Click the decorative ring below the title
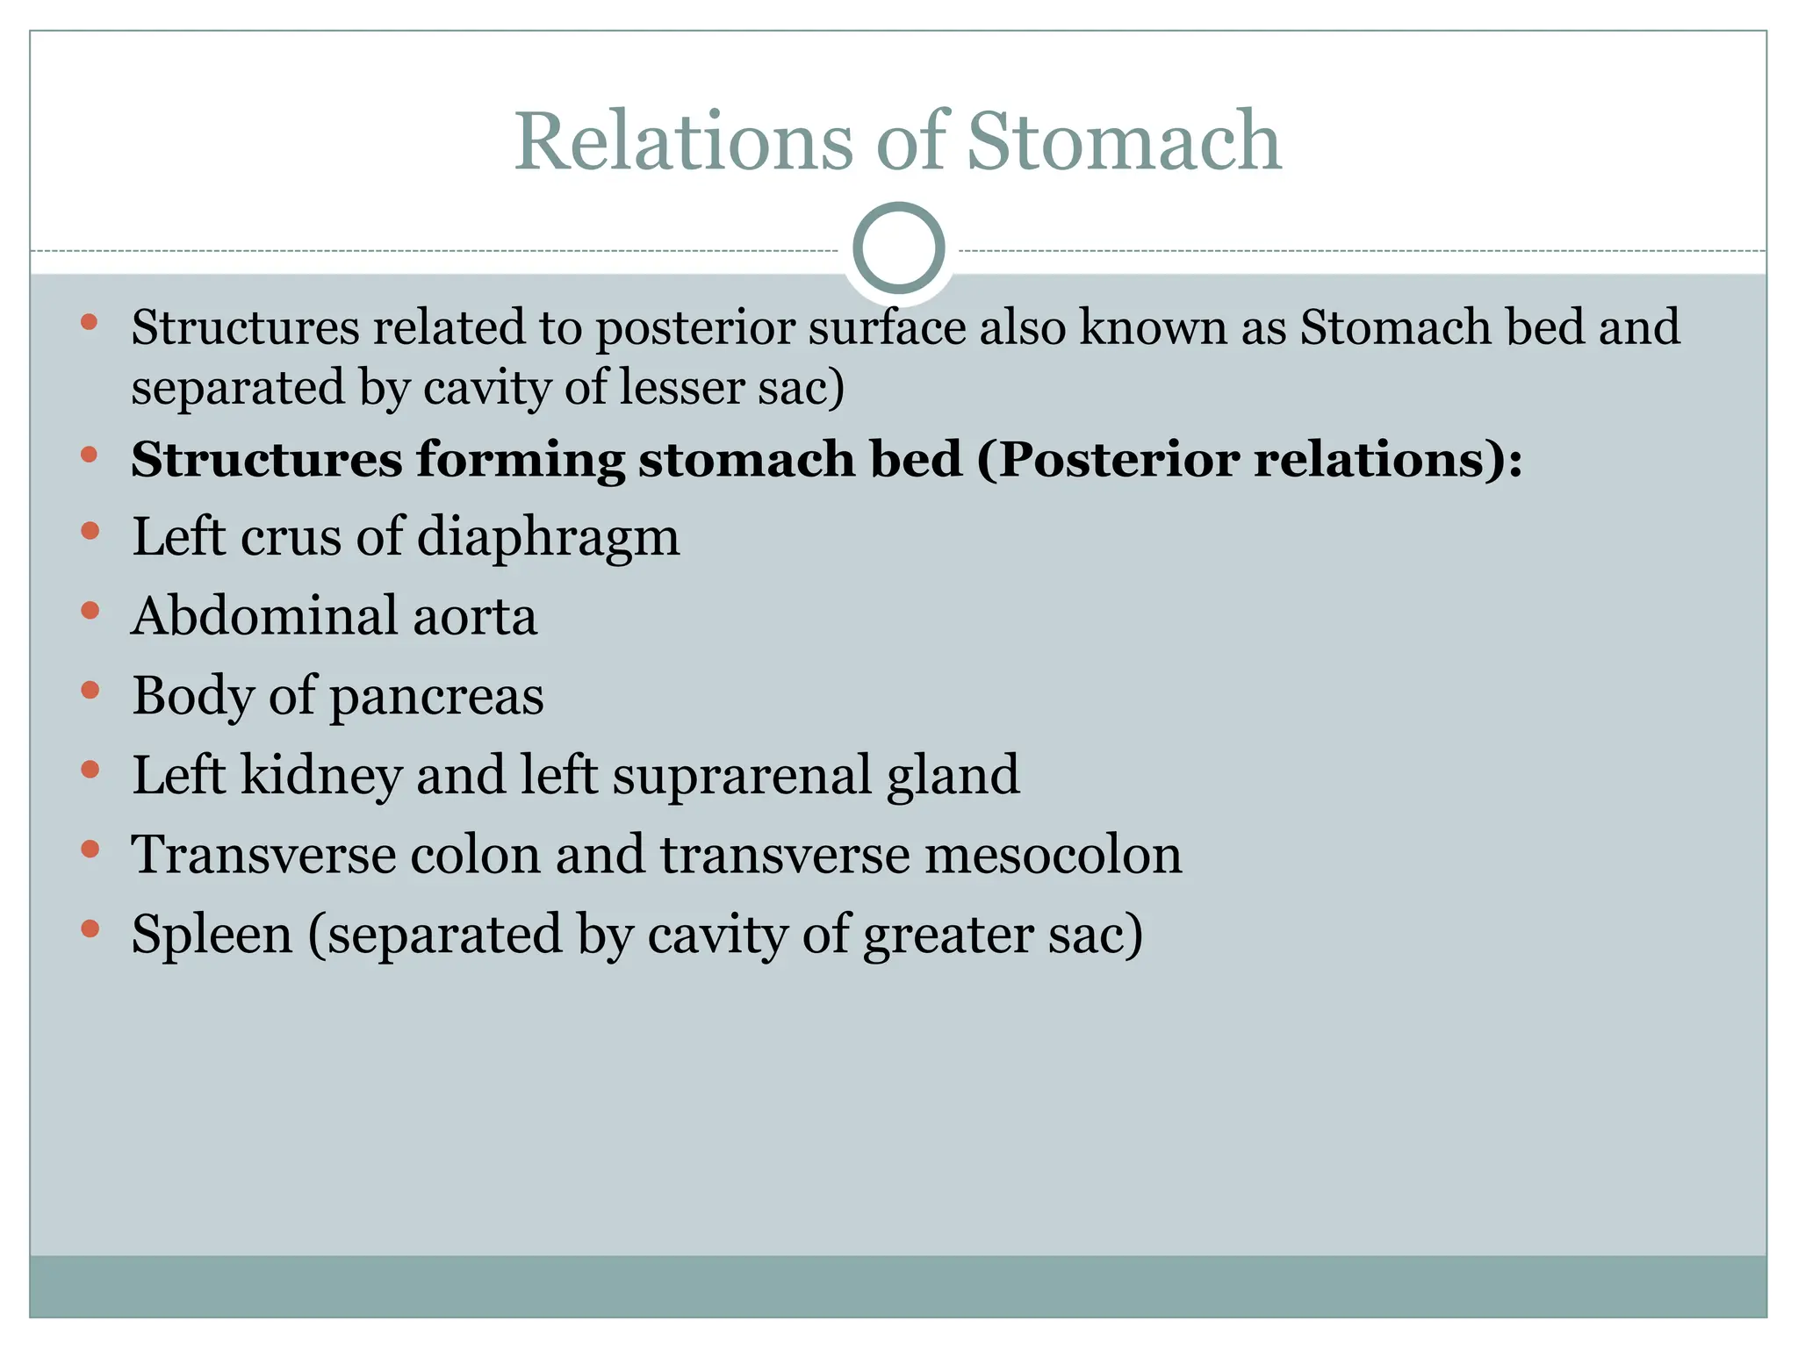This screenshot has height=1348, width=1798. click(898, 248)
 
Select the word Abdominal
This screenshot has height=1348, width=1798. click(264, 616)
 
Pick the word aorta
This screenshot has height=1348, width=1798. click(475, 618)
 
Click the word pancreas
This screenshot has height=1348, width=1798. click(436, 698)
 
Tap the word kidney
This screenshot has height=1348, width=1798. click(320, 776)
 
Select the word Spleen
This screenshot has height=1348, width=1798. click(212, 936)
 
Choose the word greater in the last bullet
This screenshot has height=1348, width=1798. click(947, 936)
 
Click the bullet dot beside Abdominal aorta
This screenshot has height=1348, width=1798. click(90, 611)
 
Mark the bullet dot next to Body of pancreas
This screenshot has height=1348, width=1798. click(90, 691)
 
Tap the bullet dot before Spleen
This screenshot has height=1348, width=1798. click(90, 929)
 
